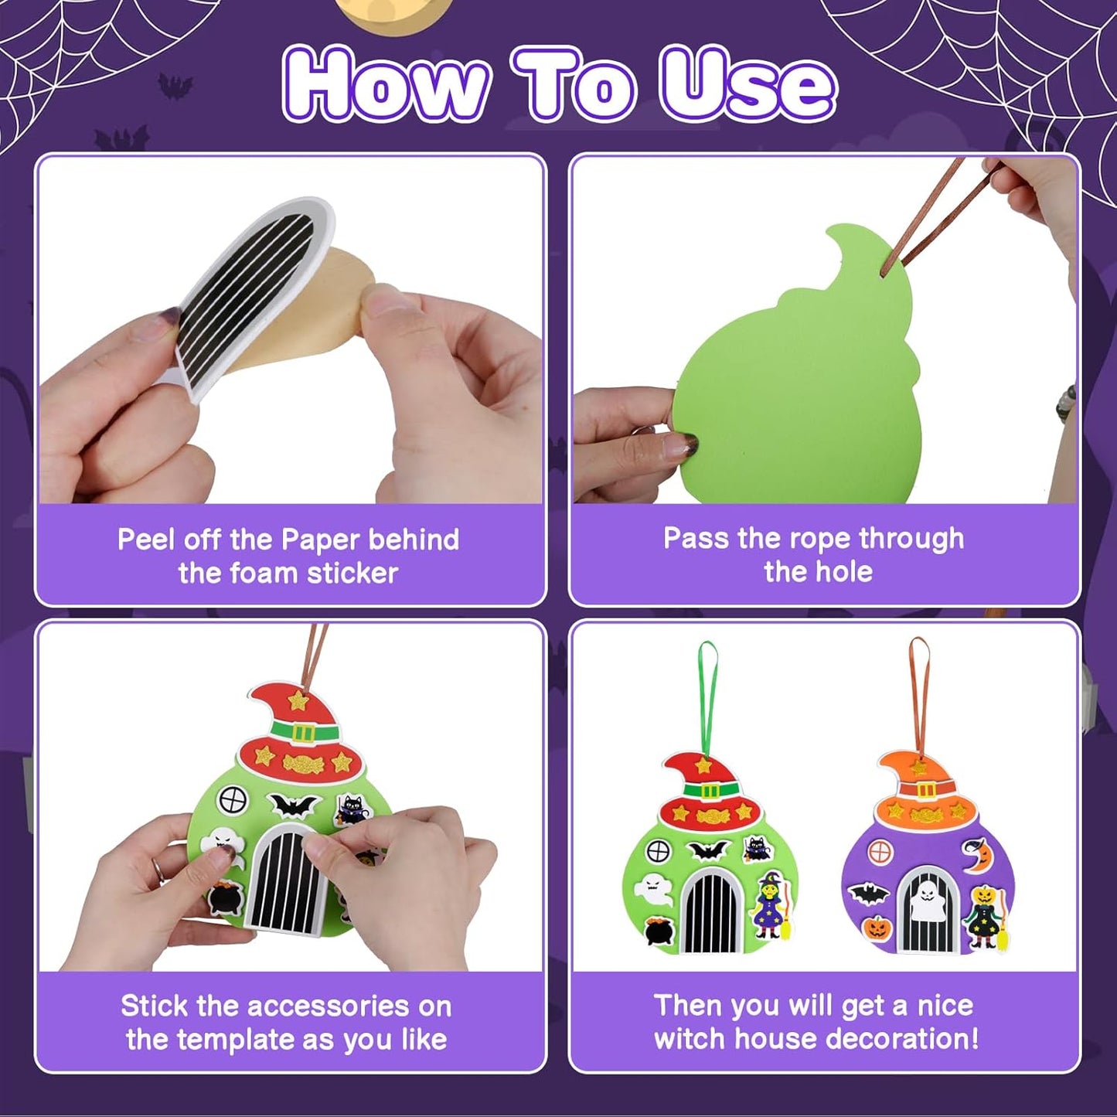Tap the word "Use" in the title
747,83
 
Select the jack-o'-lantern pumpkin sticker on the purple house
877,927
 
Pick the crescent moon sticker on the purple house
977,856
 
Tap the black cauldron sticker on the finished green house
658,931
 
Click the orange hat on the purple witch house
920,792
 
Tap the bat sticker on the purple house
868,894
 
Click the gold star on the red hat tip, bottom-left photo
298,701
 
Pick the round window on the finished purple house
880,853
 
